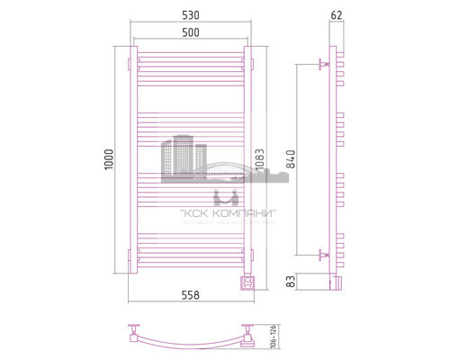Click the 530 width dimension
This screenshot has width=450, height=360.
click(x=189, y=14)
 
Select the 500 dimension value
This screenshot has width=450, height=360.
click(x=189, y=32)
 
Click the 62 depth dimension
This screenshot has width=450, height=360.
click(x=337, y=14)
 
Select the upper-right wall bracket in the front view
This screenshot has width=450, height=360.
click(x=249, y=64)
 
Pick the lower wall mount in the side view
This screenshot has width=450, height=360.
click(x=323, y=255)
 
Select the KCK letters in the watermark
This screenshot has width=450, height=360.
click(x=193, y=213)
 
